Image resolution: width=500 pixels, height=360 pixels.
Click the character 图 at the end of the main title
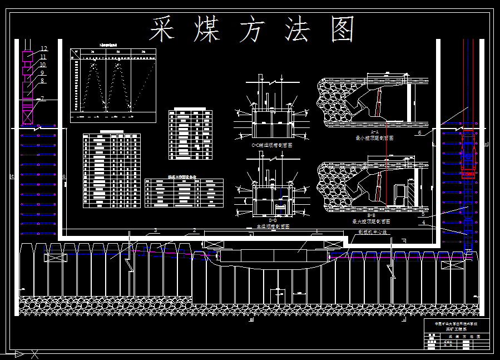(x=343, y=29)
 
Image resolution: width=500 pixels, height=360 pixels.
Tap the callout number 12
(x=44, y=49)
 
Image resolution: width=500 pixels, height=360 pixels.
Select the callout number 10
(x=43, y=65)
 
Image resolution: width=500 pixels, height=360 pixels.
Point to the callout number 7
(x=42, y=98)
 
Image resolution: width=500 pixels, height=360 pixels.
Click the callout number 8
(x=42, y=81)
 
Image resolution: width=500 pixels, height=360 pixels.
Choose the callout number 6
(x=419, y=132)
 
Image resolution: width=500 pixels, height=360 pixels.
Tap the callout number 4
(x=424, y=223)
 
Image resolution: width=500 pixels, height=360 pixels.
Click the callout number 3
(x=156, y=230)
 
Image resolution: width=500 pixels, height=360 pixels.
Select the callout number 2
(x=194, y=230)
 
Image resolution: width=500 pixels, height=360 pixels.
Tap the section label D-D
(x=272, y=220)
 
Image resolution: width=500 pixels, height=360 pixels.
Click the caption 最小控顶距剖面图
(x=374, y=137)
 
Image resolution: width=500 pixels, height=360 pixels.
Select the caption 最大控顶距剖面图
(x=374, y=221)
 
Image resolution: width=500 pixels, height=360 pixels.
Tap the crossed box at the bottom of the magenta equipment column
(x=27, y=119)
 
